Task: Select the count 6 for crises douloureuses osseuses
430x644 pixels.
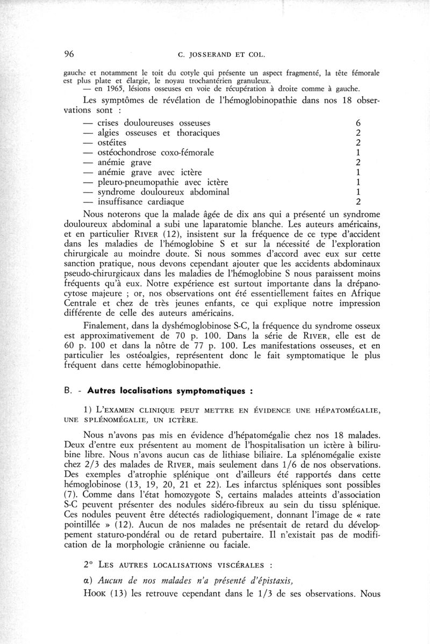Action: (x=359, y=123)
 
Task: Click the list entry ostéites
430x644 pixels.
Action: (x=112, y=143)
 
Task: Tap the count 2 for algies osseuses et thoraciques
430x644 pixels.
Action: (x=359, y=133)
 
